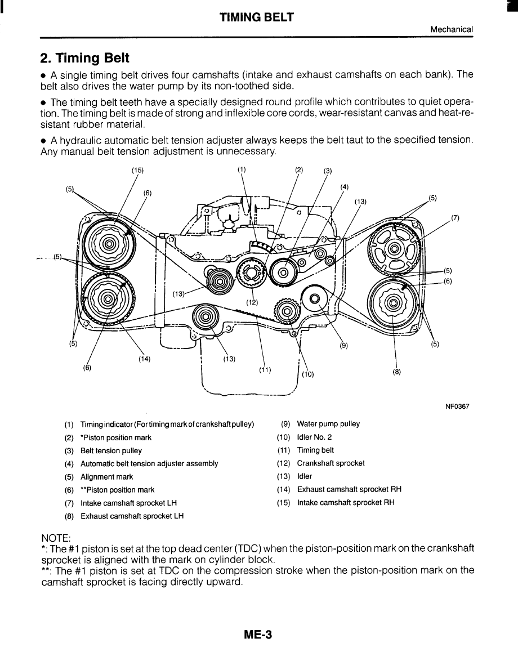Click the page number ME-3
point(258,635)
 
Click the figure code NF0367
point(456,406)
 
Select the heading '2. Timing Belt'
point(84,59)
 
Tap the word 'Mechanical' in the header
point(451,29)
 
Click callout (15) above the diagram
point(138,169)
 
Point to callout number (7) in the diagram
point(456,217)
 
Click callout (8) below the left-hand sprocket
point(397,372)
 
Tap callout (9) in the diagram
point(343,346)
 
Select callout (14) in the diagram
point(143,359)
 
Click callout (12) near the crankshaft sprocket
point(252,302)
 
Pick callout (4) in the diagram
point(345,187)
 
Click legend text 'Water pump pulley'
point(328,424)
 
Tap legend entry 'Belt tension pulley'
point(111,450)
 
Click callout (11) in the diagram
point(265,370)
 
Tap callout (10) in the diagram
point(307,373)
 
